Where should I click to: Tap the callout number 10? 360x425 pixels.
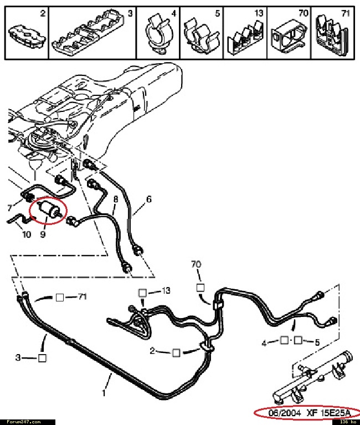coord(27,234)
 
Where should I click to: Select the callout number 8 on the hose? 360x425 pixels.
coord(116,198)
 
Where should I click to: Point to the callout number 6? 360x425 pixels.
coord(148,199)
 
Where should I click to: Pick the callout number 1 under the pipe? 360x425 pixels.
coord(103,394)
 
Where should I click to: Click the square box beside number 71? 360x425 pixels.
coord(60,298)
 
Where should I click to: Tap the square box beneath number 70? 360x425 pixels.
coord(200,288)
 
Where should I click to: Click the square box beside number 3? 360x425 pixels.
coord(42,358)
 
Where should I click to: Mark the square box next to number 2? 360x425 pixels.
coord(176,352)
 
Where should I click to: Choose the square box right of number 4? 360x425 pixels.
coord(284,339)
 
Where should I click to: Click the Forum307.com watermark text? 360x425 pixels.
coord(21,422)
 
